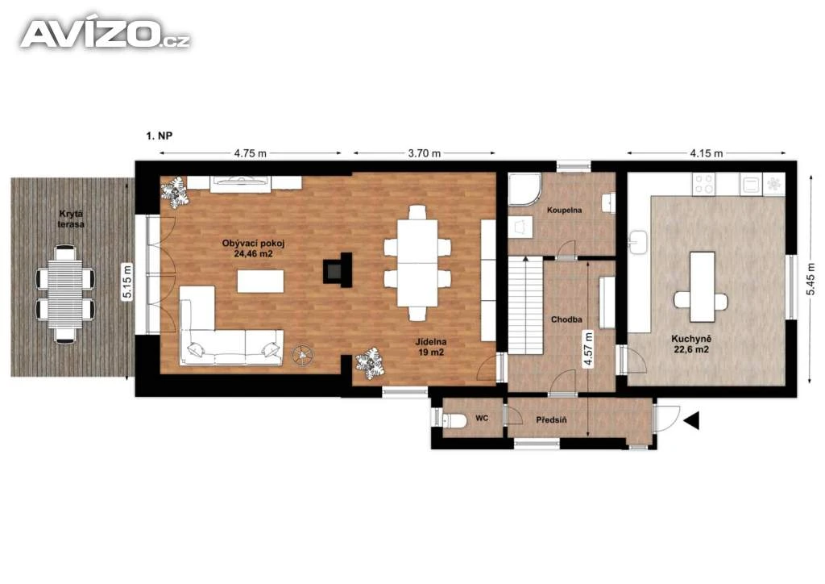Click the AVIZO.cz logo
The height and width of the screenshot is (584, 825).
[x=106, y=34]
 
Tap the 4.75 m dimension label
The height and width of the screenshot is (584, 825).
[x=251, y=153]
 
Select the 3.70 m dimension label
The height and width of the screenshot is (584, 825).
[x=424, y=153]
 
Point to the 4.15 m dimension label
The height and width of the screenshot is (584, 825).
[x=706, y=153]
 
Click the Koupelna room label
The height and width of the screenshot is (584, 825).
[x=564, y=210]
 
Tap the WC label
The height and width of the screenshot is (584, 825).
[x=482, y=418]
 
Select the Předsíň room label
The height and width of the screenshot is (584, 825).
[x=551, y=419]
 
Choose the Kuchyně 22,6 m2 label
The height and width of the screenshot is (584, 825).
[x=690, y=344]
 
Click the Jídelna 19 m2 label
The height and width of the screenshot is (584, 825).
[x=431, y=347]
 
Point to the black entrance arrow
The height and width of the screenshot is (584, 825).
[x=691, y=420]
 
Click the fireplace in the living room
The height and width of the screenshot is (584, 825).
[x=337, y=270]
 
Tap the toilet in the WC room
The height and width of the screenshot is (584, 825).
[x=454, y=420]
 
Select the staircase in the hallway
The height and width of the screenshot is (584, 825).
[x=525, y=305]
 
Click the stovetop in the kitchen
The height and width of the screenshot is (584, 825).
[x=703, y=184]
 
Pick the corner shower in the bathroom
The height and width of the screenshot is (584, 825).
[x=524, y=189]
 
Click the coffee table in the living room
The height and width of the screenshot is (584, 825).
[x=260, y=281]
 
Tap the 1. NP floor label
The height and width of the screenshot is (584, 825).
[x=159, y=136]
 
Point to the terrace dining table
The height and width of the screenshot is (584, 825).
[x=65, y=294]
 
